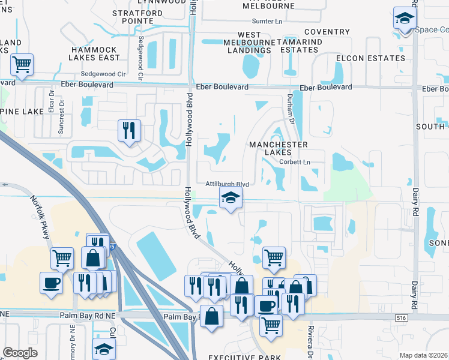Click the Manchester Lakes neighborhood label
(279, 148)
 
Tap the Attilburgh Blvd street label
(227, 184)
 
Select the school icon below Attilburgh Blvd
(230, 199)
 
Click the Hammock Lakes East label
(94, 53)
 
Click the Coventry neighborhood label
(327, 32)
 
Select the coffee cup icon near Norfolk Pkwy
(50, 282)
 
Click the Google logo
(20, 353)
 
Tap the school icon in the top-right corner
(405, 19)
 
